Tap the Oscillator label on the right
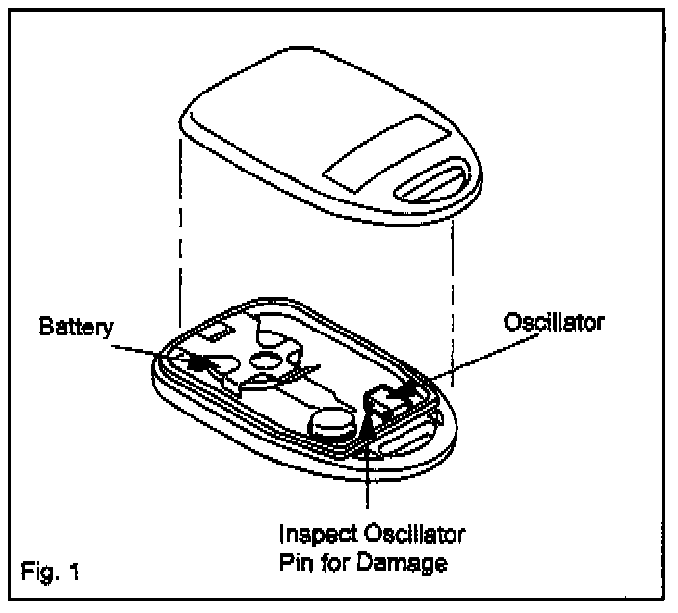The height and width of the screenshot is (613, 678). pos(555,321)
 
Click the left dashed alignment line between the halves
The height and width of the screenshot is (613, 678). pos(180,231)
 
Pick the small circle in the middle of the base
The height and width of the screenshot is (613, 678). pos(267,361)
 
